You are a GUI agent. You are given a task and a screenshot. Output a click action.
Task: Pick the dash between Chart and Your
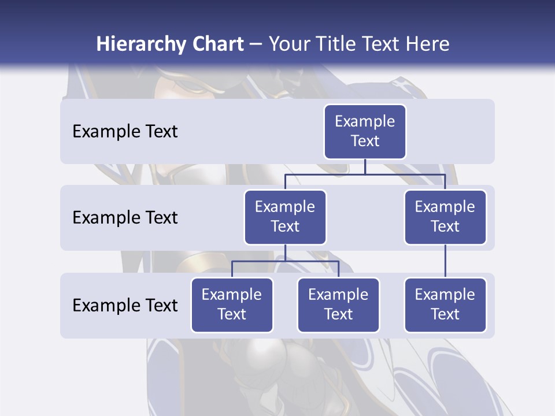pos(256,44)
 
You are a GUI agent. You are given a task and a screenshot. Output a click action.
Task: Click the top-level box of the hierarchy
pos(365,132)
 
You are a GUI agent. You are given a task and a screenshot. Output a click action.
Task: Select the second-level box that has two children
pos(285,217)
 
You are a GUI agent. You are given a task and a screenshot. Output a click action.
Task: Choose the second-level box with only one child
pos(445,217)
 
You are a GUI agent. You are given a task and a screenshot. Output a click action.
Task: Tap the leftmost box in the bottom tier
pos(232,305)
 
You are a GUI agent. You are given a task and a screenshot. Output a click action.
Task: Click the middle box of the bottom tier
pos(338,305)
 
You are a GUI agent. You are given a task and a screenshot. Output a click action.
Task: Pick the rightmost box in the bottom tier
pos(445,305)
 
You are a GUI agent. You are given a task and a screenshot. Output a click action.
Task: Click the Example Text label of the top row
pos(125,132)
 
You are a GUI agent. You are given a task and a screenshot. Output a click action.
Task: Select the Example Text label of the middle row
pos(125,218)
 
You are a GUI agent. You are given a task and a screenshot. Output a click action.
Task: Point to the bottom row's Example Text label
pos(125,305)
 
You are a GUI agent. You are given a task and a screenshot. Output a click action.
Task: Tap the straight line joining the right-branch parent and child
pos(445,261)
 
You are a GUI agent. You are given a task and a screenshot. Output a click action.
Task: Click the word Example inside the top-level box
pos(365,121)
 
